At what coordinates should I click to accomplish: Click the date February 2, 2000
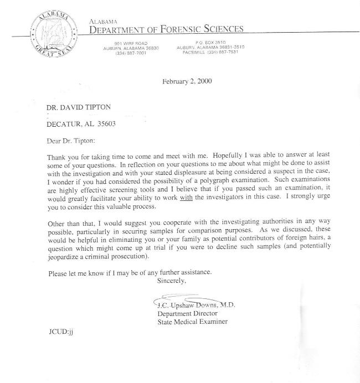click(x=187, y=82)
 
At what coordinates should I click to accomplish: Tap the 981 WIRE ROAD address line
click(x=131, y=43)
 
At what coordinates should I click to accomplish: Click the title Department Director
click(x=186, y=313)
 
